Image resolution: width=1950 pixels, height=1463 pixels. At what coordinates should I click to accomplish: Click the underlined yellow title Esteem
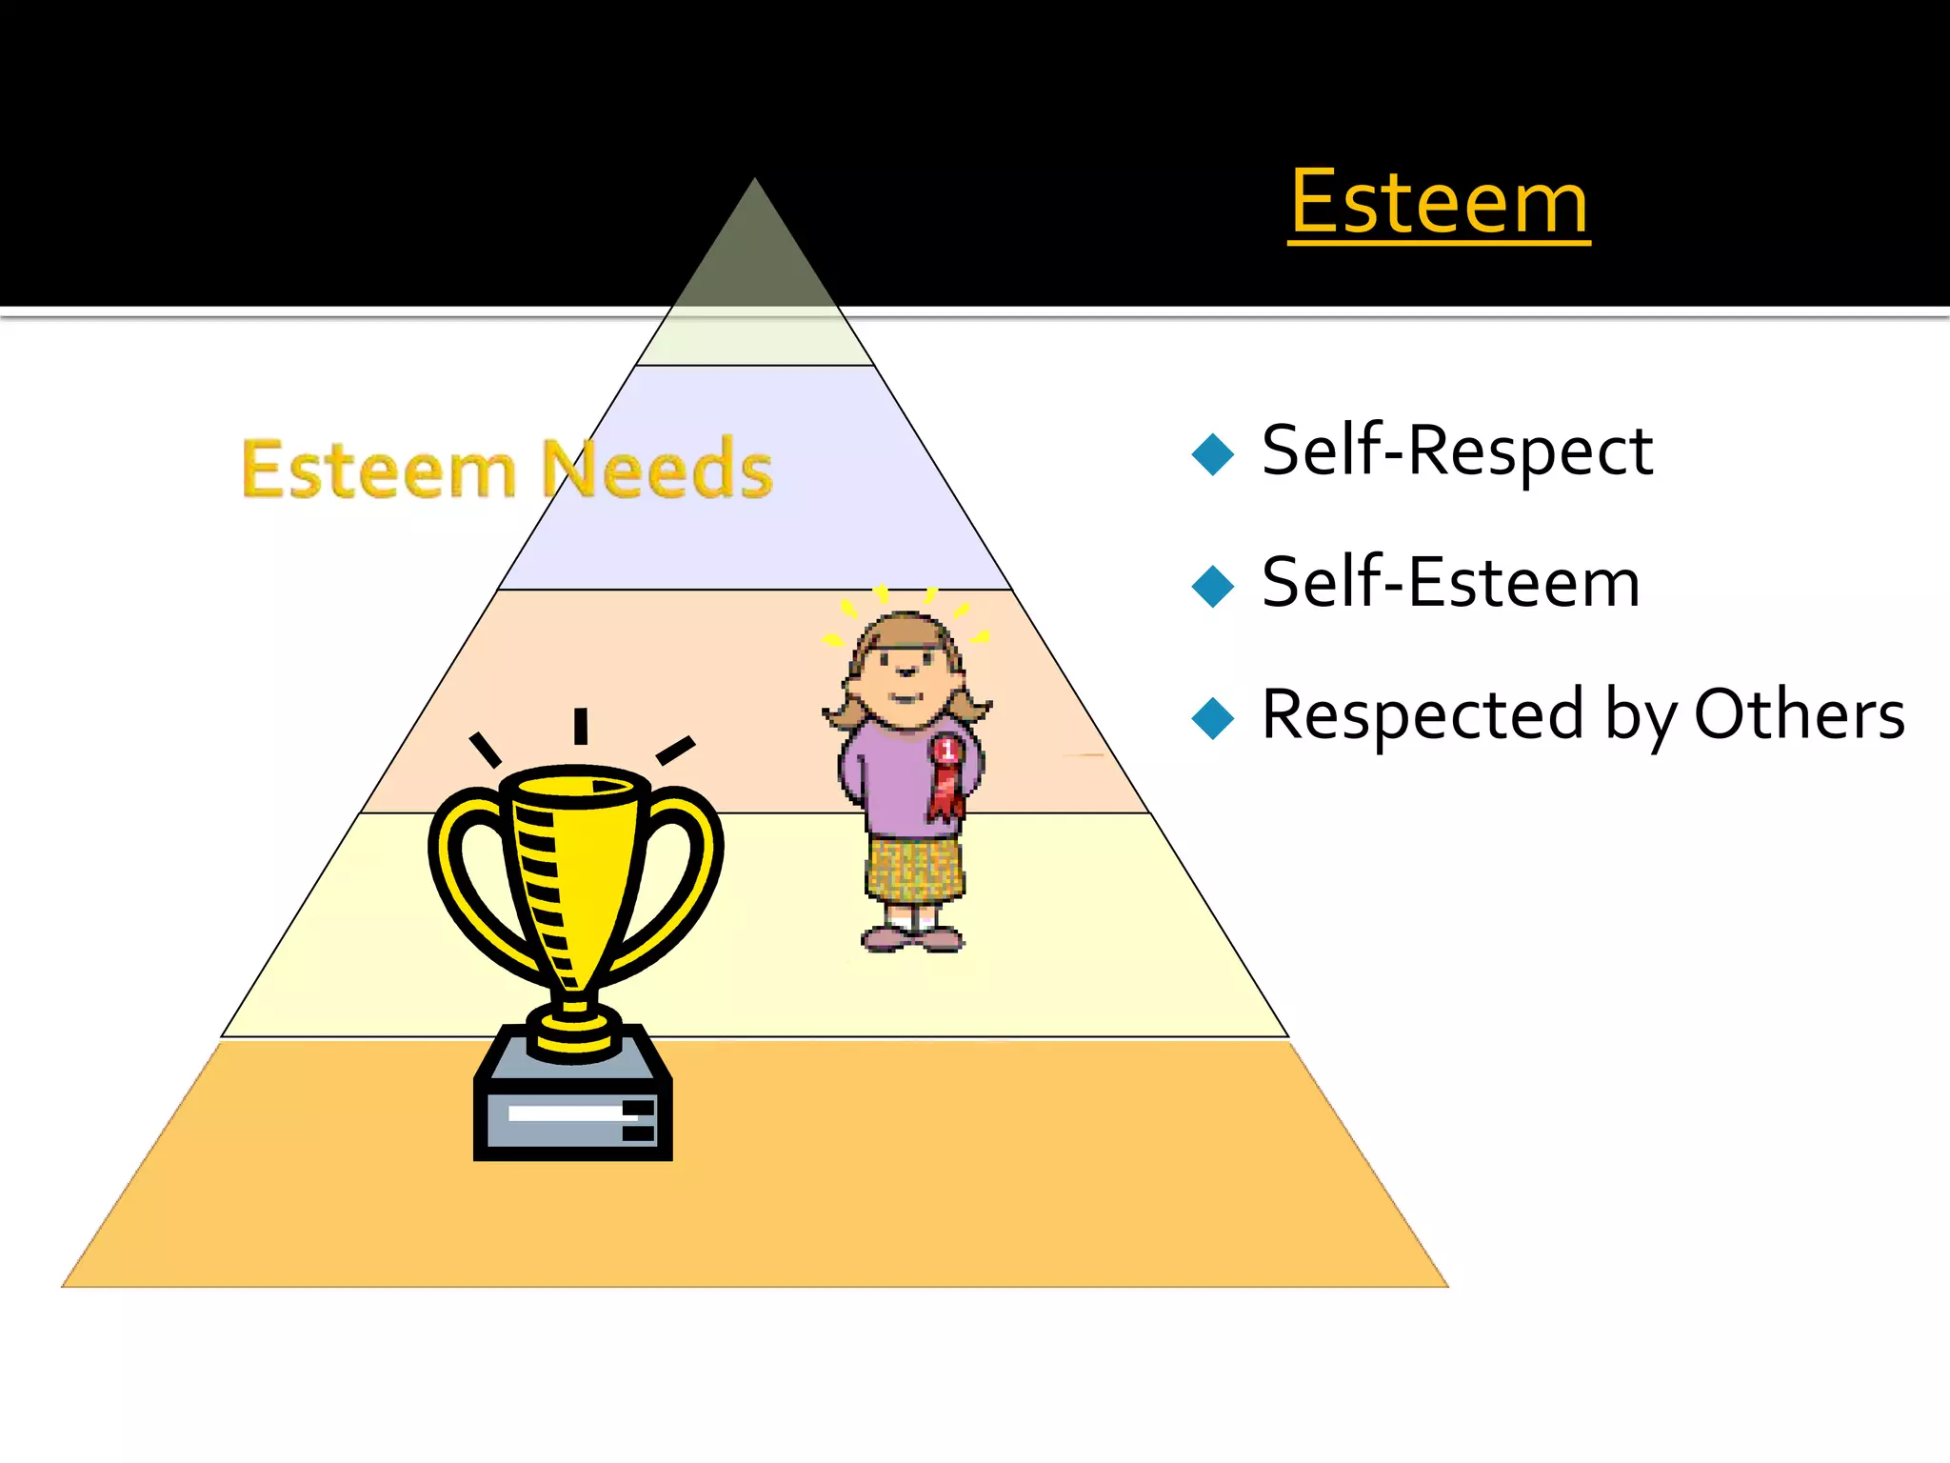pos(1439,203)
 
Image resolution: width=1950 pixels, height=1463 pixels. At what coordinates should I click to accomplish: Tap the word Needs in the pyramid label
pos(657,469)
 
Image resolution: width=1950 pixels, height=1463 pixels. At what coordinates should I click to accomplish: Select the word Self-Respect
pos(1457,451)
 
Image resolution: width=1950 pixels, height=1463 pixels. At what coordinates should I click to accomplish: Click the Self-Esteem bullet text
pos(1450,583)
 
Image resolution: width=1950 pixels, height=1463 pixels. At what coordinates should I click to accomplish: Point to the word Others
pos(1799,714)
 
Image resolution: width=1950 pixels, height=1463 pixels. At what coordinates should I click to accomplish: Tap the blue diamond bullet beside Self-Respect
pos(1212,453)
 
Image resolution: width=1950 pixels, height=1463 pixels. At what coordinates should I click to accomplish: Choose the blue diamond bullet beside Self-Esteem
pos(1212,586)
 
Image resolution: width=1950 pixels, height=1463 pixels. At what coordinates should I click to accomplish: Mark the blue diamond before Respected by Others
pos(1212,717)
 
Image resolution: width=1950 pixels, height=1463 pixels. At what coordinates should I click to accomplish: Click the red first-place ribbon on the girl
pos(945,777)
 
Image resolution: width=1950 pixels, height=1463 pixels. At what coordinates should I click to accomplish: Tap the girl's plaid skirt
pos(914,869)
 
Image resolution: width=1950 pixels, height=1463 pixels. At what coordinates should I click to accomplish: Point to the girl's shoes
pos(911,939)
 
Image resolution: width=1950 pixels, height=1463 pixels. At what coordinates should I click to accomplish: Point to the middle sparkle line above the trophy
pos(580,726)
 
